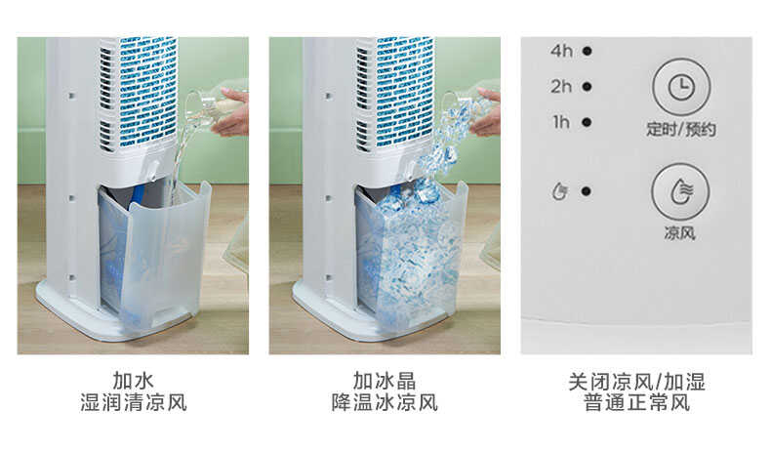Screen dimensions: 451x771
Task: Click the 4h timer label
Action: (561, 51)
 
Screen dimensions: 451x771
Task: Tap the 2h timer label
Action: (561, 86)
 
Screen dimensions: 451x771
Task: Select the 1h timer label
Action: (561, 122)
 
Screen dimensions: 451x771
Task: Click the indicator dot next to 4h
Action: (587, 51)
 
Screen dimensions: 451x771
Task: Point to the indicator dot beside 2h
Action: (587, 86)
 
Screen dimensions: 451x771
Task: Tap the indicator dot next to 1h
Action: (587, 122)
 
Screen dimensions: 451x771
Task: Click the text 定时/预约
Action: (680, 130)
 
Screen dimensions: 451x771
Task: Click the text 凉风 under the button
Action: (680, 234)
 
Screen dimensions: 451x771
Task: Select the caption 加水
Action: (133, 381)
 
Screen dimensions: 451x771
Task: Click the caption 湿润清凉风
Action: (133, 402)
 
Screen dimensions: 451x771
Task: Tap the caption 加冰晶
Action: (385, 381)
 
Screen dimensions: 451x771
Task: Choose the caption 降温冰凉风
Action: (385, 402)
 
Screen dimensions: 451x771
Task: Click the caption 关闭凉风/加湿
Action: (636, 381)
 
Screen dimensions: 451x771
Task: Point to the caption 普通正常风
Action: (636, 402)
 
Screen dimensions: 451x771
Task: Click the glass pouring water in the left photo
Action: (200, 101)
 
